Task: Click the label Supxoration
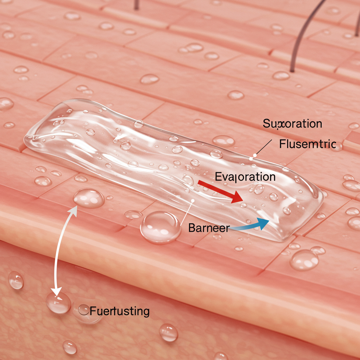coord(292,123)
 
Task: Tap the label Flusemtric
coord(307,144)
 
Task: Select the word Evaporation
coord(245,176)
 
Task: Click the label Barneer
coord(208,228)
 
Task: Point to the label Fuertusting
coord(120,311)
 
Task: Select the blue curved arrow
coord(250,225)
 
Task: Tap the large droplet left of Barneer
coord(160,227)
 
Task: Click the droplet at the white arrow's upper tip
coord(89,198)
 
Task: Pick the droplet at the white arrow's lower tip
coord(58,303)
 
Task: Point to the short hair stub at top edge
coord(135,5)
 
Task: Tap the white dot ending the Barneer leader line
coord(193,200)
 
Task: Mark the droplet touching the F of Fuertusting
coord(84,310)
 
